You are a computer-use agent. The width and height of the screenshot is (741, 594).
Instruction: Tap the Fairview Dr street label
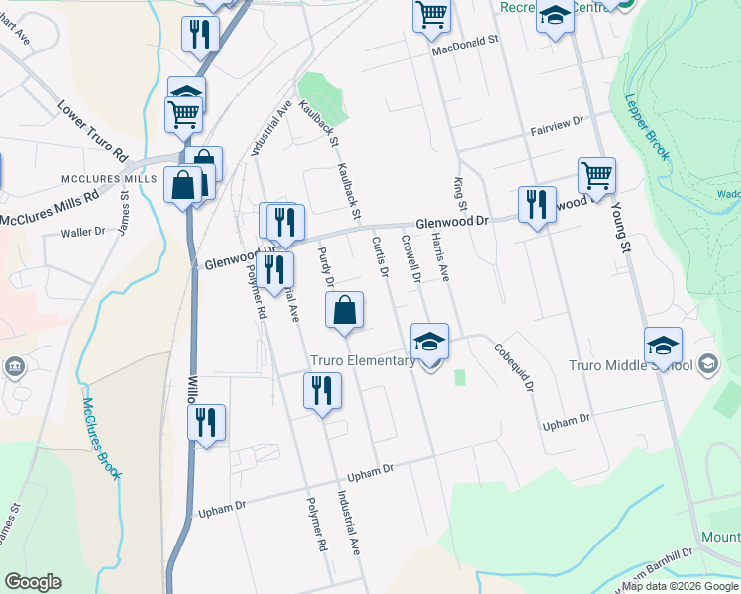[557, 125]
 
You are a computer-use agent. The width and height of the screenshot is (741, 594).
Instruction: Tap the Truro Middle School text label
[630, 365]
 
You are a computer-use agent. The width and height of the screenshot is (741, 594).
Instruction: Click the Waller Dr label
[83, 232]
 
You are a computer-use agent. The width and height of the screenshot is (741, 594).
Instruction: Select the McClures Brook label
[101, 438]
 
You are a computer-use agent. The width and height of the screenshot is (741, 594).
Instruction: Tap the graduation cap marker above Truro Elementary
[429, 342]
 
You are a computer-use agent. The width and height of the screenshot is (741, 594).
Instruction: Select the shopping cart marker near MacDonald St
[432, 15]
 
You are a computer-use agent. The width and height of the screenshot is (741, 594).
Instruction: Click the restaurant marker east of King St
[537, 205]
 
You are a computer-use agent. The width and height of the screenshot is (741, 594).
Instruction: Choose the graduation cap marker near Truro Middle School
[663, 346]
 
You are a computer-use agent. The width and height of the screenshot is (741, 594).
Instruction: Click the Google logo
[32, 582]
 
